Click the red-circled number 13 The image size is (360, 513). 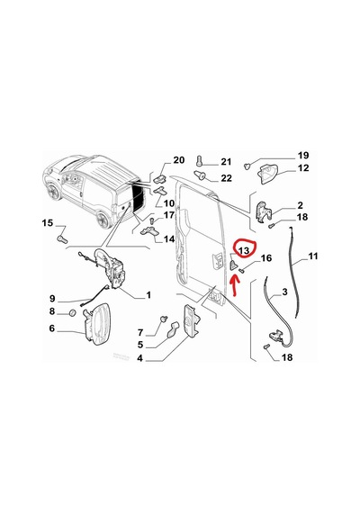(x=244, y=250)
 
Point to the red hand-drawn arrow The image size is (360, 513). (x=235, y=285)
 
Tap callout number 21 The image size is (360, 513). (x=226, y=162)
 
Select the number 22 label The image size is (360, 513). (x=226, y=178)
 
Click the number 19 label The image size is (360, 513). (x=303, y=156)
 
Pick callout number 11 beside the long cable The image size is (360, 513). (x=313, y=256)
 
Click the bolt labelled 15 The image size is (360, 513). (x=62, y=238)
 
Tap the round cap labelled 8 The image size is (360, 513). (x=71, y=312)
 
